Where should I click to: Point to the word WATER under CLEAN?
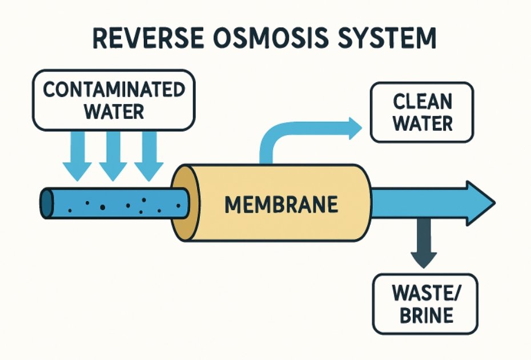423,123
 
